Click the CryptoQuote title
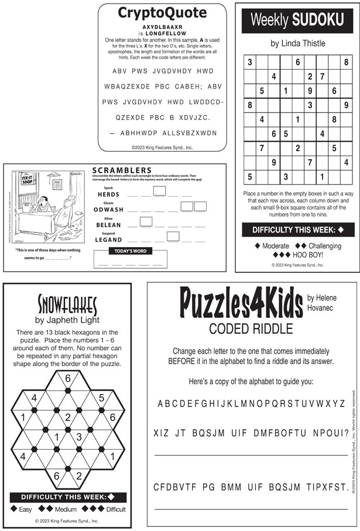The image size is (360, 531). pos(162,13)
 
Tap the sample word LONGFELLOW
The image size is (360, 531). pos(162,33)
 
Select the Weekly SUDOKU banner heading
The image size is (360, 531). pos(297,20)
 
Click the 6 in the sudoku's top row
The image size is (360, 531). pos(297,62)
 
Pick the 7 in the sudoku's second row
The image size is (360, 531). pos(322,76)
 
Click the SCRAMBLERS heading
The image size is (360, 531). pos(122,170)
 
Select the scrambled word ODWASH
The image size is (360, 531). pos(108,209)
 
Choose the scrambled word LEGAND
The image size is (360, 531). pos(108,239)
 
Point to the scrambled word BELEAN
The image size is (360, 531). pos(108,224)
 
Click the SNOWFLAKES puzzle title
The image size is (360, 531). pos(68,304)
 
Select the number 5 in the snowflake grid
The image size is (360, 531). pos(102,398)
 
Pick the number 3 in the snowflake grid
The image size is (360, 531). pos(80,436)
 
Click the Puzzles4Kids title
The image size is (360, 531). pos(241,303)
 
